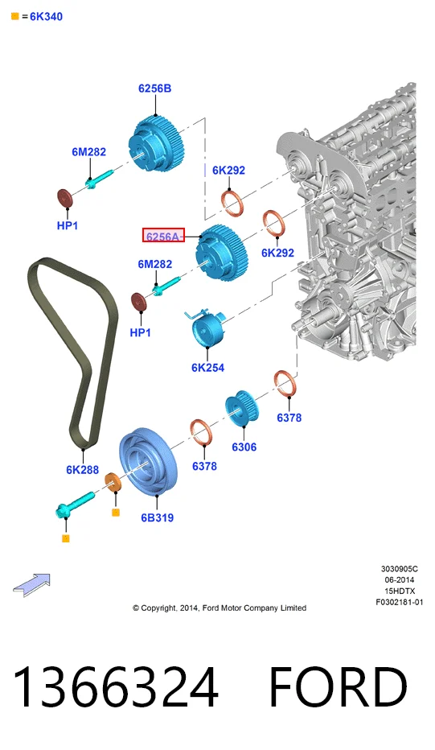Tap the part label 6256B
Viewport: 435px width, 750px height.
pyautogui.click(x=155, y=89)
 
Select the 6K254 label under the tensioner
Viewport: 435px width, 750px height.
pyautogui.click(x=208, y=368)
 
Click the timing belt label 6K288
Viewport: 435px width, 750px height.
pyautogui.click(x=82, y=470)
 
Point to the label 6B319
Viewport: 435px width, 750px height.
pyautogui.click(x=158, y=517)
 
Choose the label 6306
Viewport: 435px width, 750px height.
pyautogui.click(x=244, y=447)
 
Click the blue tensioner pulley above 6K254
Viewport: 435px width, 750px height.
pyautogui.click(x=207, y=328)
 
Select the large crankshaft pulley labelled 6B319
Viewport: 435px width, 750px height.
pyautogui.click(x=148, y=462)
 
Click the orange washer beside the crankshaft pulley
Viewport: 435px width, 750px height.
pyautogui.click(x=113, y=483)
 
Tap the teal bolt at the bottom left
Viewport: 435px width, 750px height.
pyautogui.click(x=75, y=504)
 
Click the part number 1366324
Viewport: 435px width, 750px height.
pyautogui.click(x=116, y=687)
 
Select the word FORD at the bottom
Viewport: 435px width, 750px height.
pyautogui.click(x=339, y=687)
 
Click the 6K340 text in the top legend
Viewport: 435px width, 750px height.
pyautogui.click(x=47, y=17)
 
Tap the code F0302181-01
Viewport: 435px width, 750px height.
pyautogui.click(x=399, y=602)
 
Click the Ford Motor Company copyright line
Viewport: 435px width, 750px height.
pyautogui.click(x=220, y=608)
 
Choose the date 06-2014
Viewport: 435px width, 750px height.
pyautogui.click(x=400, y=579)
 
